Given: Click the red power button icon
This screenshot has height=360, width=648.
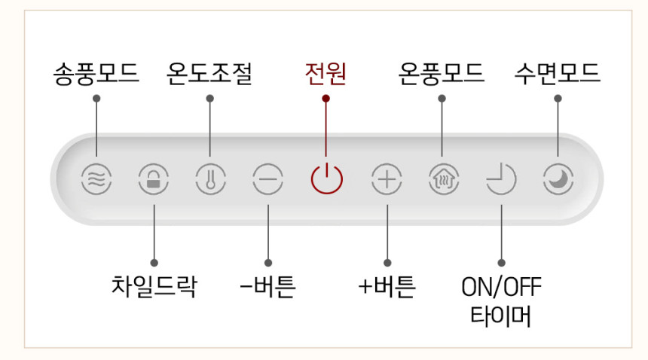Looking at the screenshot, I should [x=326, y=180].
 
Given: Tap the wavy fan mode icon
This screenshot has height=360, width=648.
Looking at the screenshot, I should [x=96, y=180].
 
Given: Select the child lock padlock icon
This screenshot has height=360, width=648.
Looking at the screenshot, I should [x=153, y=180].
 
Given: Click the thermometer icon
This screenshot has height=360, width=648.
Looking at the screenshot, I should [x=209, y=180].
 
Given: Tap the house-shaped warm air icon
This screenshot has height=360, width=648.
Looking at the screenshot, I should [x=442, y=180].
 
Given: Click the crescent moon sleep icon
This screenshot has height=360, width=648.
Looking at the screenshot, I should [x=558, y=180].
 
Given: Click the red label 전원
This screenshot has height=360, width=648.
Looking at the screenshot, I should [x=326, y=74].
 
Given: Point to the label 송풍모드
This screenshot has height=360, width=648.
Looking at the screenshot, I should [x=96, y=74].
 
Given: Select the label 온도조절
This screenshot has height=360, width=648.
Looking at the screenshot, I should [x=209, y=74].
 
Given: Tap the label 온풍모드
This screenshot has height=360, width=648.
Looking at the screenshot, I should [x=442, y=74].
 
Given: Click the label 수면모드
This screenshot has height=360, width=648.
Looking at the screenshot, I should [x=558, y=74].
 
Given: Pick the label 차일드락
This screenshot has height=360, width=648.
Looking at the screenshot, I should [x=153, y=286].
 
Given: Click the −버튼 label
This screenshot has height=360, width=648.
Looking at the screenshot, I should [x=267, y=286].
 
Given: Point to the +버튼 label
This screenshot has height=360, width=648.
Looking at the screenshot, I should [x=387, y=286].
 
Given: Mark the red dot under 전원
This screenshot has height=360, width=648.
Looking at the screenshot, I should [x=326, y=98].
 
